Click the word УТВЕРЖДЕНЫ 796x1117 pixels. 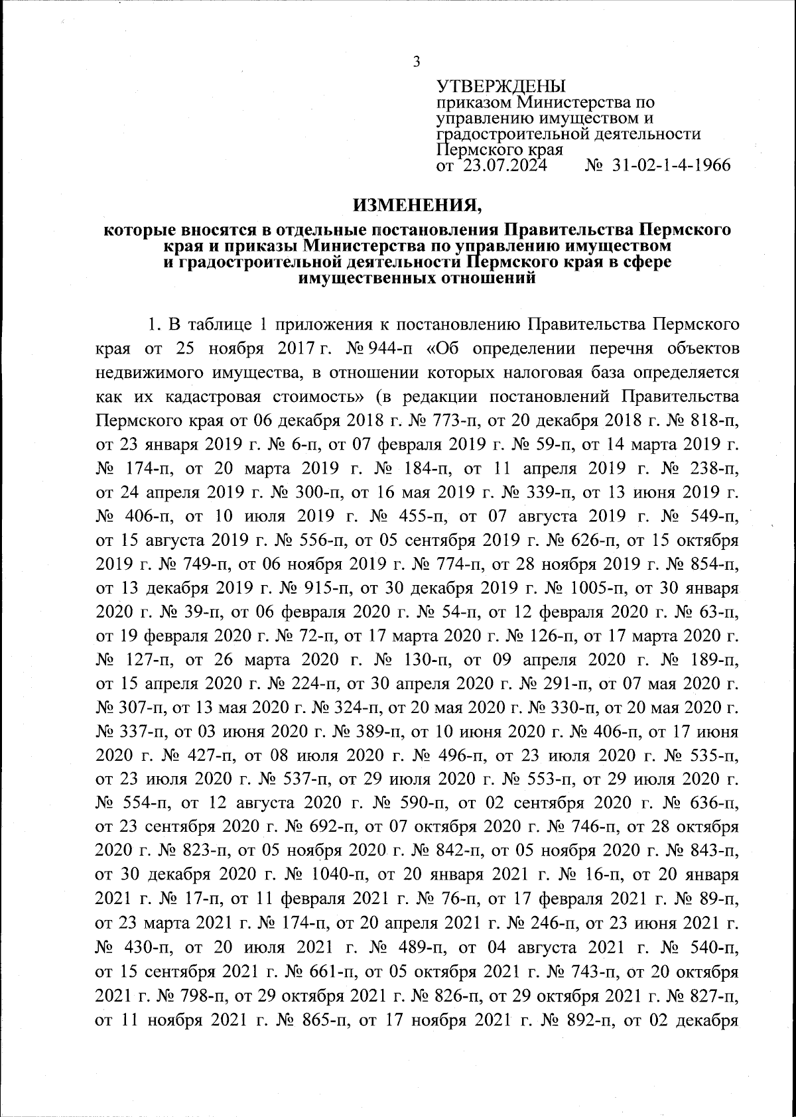(x=501, y=86)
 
